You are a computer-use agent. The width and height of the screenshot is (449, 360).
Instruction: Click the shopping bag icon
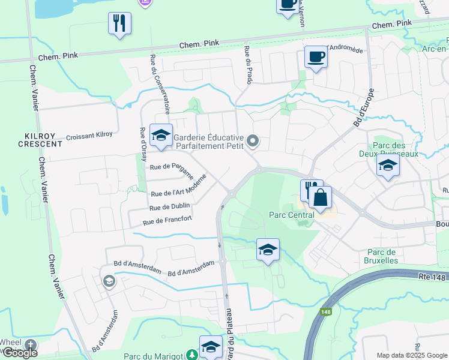pos(320,197)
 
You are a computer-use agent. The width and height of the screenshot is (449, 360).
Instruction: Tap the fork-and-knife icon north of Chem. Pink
pos(119,23)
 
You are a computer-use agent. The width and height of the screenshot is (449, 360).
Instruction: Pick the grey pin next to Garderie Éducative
pos(253,142)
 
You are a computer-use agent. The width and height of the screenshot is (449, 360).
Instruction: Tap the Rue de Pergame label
pos(172,170)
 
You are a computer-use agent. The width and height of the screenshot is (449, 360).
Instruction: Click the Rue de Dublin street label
pos(169,207)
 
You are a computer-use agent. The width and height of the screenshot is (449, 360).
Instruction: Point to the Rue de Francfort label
pos(167,221)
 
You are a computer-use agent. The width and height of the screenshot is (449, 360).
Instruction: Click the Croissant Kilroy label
pos(89,135)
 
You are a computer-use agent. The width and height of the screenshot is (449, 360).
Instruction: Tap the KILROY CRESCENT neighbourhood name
pos(40,140)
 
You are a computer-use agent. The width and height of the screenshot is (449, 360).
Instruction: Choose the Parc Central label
pos(292,215)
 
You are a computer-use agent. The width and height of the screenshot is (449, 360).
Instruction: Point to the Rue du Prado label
pos(247,67)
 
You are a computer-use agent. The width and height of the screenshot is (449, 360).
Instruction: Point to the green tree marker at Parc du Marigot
pos(191,356)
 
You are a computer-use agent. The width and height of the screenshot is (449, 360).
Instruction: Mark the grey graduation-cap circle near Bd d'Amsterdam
pos(109,281)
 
